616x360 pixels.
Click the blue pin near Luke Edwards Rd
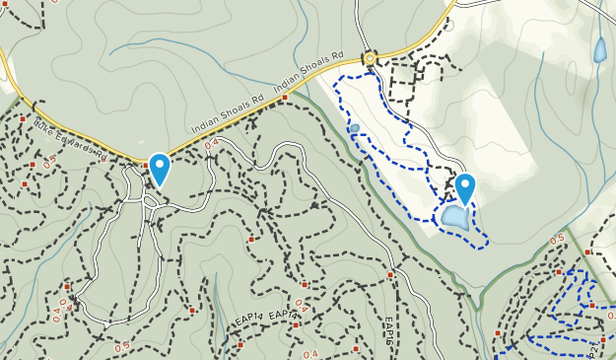click(159, 168)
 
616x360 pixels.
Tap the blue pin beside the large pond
click(465, 187)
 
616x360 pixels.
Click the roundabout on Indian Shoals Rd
click(371, 58)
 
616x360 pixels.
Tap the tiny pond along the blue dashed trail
click(355, 128)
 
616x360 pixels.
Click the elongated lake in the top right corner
click(599, 50)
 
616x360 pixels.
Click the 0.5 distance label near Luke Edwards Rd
click(49, 163)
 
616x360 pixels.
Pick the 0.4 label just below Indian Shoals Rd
click(211, 144)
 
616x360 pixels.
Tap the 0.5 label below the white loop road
click(122, 346)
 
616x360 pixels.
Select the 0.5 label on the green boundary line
click(558, 239)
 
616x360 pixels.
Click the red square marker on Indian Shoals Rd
click(284, 98)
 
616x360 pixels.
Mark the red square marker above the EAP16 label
click(390, 275)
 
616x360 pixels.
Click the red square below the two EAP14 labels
click(240, 345)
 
